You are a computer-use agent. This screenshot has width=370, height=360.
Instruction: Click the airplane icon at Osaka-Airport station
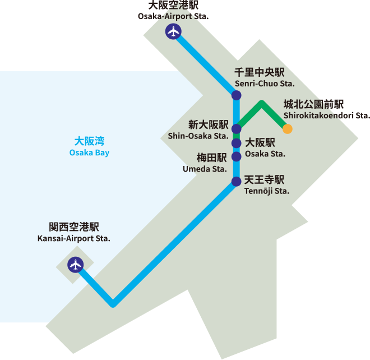pos(173,32)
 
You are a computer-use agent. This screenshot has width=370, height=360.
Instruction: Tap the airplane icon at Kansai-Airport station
pos(75,265)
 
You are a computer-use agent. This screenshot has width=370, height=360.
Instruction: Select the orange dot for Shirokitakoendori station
pos(288,129)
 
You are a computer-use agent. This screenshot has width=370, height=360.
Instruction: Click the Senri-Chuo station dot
pos(237,96)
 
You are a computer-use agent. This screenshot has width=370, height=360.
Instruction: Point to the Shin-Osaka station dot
pos(237,130)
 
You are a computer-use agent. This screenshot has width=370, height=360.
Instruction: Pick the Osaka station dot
pos(237,144)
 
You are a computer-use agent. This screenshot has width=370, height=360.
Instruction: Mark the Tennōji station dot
pos(237,181)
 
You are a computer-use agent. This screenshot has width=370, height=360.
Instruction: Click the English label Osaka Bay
pos(89,153)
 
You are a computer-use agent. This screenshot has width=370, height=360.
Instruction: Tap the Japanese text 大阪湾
pos(90,141)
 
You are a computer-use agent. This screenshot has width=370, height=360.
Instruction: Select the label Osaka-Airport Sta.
pos(173,16)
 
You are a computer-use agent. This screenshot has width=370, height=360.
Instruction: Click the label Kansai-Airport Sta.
pos(74,238)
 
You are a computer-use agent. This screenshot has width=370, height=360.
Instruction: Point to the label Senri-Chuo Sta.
pos(265,84)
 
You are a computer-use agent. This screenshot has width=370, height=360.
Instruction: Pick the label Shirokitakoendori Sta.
pos(327,116)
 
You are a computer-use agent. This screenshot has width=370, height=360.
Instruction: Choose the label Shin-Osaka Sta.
pos(198,136)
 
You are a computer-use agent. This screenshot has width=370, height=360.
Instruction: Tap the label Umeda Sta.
pos(205,168)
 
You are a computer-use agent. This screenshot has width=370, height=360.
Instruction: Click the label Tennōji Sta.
pos(267,191)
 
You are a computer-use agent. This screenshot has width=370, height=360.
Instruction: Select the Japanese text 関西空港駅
pos(74,227)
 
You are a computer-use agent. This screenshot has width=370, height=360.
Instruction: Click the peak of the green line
pos(261,103)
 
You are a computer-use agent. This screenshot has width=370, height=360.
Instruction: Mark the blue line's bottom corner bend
pos(113,304)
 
